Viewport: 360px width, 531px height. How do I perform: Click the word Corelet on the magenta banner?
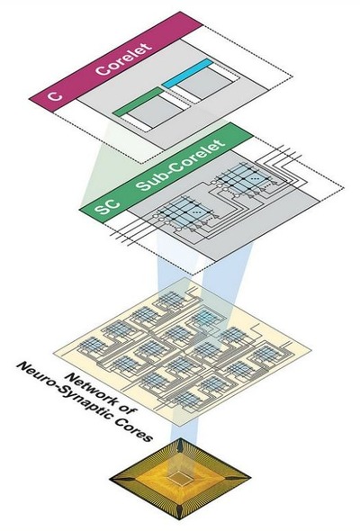coord(123,59)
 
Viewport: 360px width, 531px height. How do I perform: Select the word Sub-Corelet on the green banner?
coord(181,165)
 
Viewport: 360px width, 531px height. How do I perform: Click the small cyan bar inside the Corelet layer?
coord(187,74)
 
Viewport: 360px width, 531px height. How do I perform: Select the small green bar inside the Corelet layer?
coord(138,102)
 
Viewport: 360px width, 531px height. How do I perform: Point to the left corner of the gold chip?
coord(111,479)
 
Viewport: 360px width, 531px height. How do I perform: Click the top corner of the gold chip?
coord(181,438)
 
